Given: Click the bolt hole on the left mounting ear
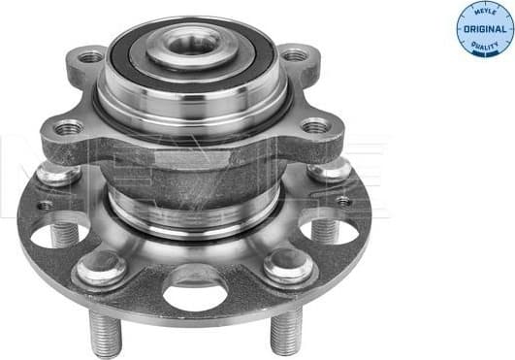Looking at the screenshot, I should click(69, 127).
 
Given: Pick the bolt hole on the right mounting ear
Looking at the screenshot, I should click(314, 125).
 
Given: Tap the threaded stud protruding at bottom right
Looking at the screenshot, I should click(285, 330).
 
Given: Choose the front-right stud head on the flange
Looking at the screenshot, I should click(287, 264).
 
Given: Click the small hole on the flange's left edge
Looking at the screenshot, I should click(45, 205).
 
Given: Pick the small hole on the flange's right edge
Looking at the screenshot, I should click(342, 202).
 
